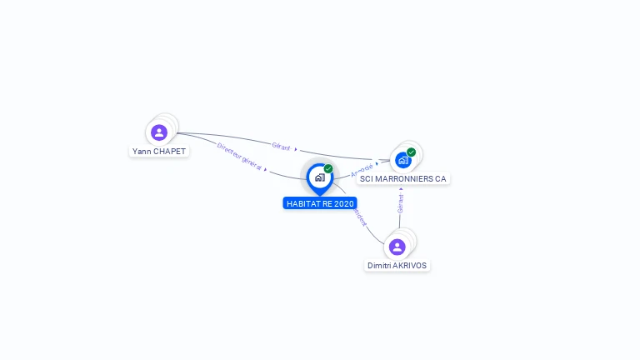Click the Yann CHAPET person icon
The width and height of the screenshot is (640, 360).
pos(159,132)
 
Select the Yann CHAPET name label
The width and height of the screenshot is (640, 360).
pos(159,152)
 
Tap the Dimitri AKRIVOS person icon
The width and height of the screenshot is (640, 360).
pos(397,247)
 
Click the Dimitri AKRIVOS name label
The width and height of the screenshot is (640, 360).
pos(397,266)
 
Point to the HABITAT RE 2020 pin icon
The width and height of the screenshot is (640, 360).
pos(319,177)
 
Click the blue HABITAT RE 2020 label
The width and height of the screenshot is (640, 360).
pos(321,203)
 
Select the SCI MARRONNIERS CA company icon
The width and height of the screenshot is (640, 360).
pos(403,160)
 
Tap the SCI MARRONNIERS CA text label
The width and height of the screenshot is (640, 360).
pos(403,179)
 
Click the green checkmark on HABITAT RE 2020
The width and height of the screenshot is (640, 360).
pos(328,169)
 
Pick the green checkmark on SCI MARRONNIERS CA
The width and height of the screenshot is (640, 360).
pos(412,152)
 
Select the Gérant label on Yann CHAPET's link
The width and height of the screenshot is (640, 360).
pos(281,146)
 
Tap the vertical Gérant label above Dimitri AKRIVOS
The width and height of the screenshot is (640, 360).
pos(401,203)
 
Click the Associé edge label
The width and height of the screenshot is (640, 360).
pos(362,169)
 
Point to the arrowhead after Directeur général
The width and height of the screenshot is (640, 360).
pos(266,169)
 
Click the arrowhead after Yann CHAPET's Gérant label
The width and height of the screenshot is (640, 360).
pos(296,149)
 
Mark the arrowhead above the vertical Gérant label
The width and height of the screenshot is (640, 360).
pos(401,188)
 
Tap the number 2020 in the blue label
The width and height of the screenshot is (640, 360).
pos(343,203)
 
